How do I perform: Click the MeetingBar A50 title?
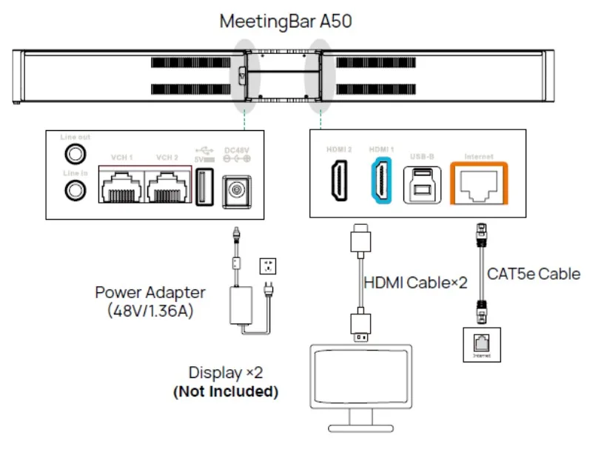tap(285, 21)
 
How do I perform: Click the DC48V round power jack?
tap(237, 187)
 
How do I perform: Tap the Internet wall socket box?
tap(481, 344)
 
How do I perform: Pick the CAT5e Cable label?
tap(534, 274)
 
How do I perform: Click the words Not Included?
tap(226, 392)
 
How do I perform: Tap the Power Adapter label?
tap(150, 292)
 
